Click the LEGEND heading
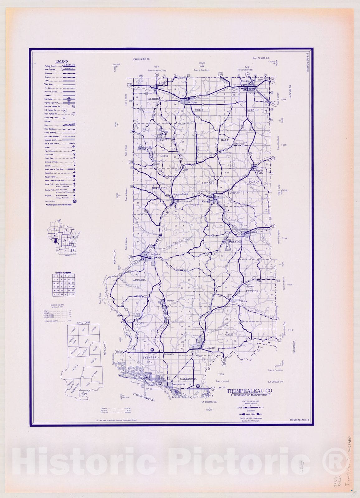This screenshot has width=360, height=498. tap(61, 62)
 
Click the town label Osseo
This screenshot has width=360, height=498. tap(246, 81)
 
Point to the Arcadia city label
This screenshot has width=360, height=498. tap(155, 254)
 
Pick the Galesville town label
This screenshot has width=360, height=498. tap(209, 348)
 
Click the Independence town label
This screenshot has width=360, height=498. tap(180, 194)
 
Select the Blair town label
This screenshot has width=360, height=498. tap(253, 232)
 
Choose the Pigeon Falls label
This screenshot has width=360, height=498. tap(259, 172)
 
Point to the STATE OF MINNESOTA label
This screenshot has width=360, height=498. tap(144, 397)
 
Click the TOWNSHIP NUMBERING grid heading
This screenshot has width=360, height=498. tap(64, 272)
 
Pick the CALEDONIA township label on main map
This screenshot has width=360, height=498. tap(188, 379)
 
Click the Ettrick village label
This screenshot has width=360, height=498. tap(243, 301)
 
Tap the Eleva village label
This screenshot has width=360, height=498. tap(161, 83)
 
